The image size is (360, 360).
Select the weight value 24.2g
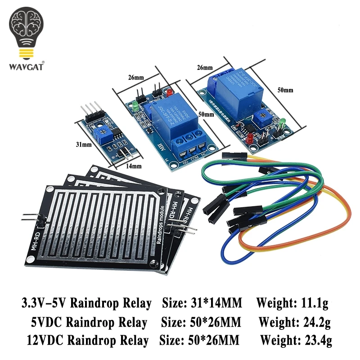(x=315, y=322)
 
